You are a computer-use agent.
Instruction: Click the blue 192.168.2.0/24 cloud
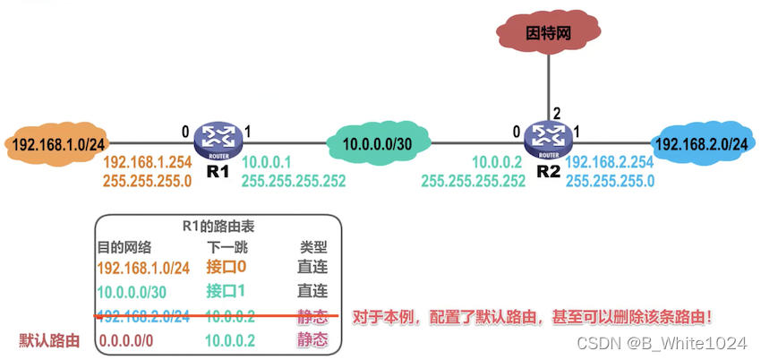(x=702, y=142)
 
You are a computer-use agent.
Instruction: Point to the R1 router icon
(x=218, y=138)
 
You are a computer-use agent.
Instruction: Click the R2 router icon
(x=546, y=138)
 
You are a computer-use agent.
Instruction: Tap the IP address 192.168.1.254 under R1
(x=147, y=164)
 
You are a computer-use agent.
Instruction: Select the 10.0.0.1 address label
(x=268, y=164)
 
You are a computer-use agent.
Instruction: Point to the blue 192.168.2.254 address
(x=609, y=164)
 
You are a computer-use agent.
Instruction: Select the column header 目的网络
(x=124, y=246)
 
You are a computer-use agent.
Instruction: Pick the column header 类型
(x=312, y=246)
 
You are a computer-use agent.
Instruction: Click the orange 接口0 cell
(x=225, y=267)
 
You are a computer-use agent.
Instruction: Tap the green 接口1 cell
(x=225, y=291)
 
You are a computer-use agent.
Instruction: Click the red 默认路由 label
(x=50, y=340)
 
